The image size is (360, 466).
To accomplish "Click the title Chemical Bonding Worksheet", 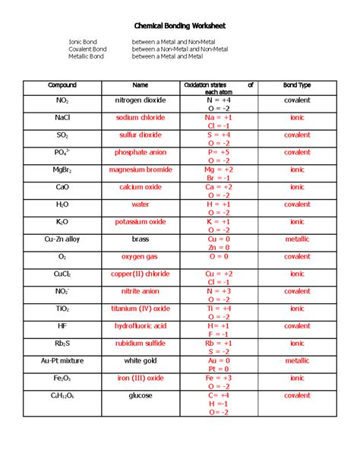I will click(x=180, y=26).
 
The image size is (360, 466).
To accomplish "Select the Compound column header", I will click(x=62, y=85).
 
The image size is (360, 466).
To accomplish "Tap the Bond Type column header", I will click(x=297, y=85).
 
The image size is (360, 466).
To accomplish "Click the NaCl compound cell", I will click(x=62, y=118).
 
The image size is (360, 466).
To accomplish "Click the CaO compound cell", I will click(x=62, y=187).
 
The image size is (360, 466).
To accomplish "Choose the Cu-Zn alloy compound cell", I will click(x=62, y=239).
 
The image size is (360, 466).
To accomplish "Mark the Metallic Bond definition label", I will click(x=86, y=56).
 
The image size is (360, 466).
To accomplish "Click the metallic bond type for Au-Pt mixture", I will click(x=297, y=360).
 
